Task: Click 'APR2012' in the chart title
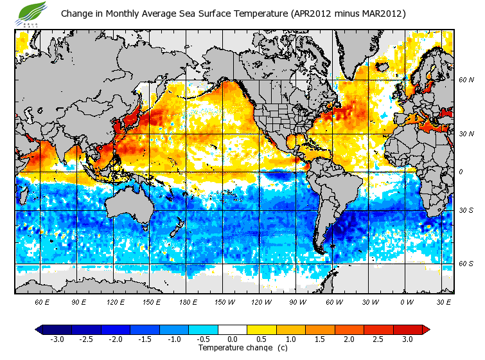(313, 14)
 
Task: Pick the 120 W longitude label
(261, 301)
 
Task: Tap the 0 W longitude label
(407, 301)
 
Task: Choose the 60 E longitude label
(42, 301)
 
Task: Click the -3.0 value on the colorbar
(57, 339)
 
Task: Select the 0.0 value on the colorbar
(233, 339)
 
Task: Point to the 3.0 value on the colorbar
(407, 339)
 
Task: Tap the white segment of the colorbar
(233, 329)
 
